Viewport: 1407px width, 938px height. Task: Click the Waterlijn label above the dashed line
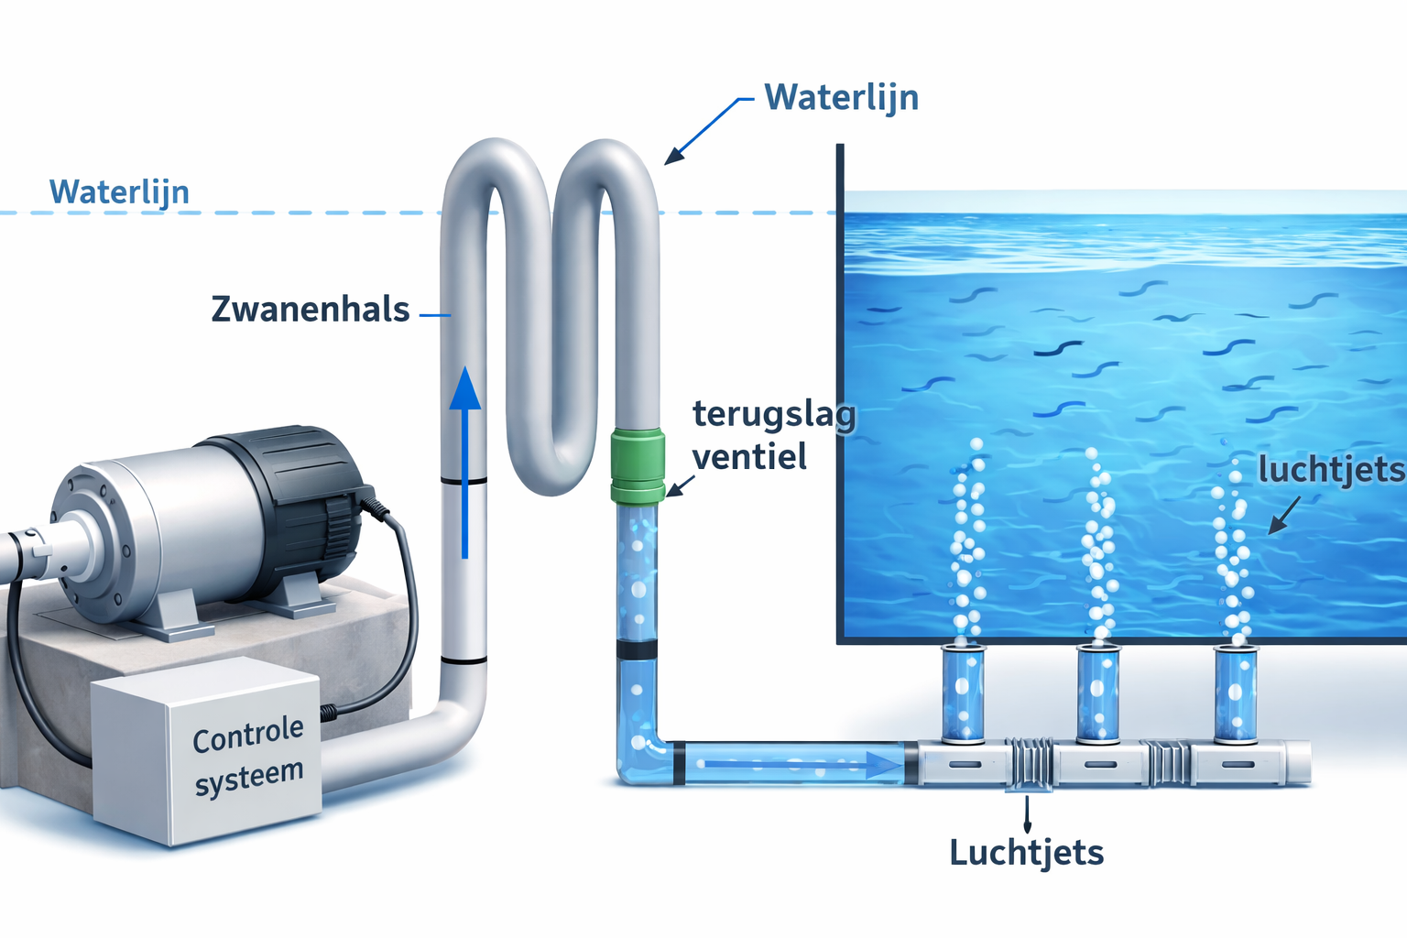119,192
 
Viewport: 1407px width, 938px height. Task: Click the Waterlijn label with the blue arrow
842,99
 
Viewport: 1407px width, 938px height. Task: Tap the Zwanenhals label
311,309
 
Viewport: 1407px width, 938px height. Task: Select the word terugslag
774,416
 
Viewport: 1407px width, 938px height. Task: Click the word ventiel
749,455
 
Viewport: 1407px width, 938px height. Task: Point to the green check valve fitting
638,466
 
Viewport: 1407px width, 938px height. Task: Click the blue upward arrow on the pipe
464,463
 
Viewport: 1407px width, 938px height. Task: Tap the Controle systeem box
206,751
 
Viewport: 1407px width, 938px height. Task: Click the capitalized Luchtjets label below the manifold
1026,853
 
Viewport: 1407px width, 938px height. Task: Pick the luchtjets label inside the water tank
1332,469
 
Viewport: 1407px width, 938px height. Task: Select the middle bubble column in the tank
1099,543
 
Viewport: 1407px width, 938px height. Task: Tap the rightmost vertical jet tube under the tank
1236,693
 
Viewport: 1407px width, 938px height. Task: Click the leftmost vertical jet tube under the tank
963,693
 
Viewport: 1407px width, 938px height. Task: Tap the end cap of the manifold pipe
1299,763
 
